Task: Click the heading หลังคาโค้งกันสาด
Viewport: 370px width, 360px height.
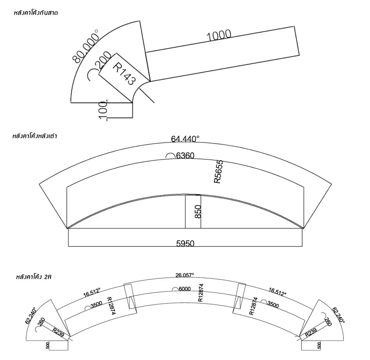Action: (36, 13)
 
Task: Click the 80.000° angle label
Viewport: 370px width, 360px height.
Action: (85, 47)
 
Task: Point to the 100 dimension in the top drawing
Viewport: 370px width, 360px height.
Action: (103, 110)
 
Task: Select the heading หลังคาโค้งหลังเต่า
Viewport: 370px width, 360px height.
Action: (35, 136)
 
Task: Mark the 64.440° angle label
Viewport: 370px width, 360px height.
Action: (185, 139)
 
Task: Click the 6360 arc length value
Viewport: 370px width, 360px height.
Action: (185, 156)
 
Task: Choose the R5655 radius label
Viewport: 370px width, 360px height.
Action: (218, 172)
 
